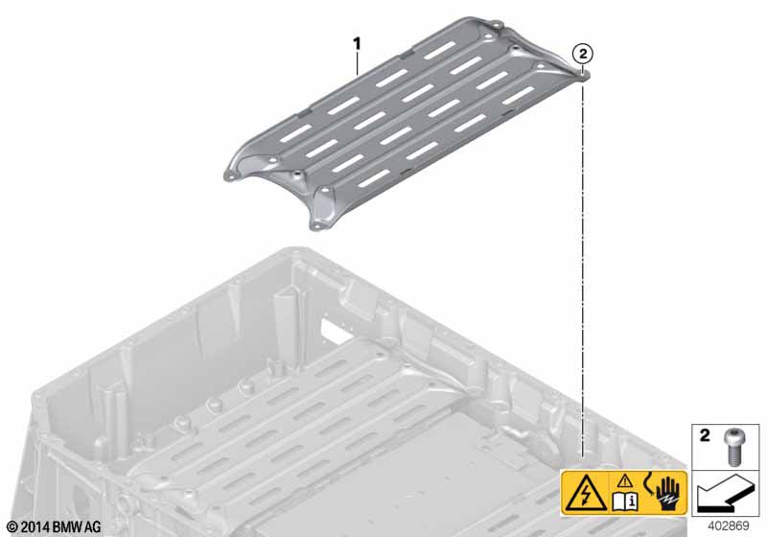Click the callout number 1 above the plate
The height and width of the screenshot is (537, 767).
click(x=357, y=44)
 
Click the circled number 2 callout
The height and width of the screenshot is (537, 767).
click(x=583, y=54)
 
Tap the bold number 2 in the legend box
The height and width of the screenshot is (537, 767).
click(x=705, y=435)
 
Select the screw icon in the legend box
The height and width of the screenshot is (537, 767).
click(x=732, y=447)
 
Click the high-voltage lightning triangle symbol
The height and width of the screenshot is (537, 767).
click(x=586, y=493)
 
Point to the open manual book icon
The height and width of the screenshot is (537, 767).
click(x=625, y=501)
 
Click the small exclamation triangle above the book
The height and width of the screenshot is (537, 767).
click(x=625, y=481)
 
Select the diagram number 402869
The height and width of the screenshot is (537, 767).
click(x=728, y=525)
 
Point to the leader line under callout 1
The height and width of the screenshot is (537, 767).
click(x=358, y=63)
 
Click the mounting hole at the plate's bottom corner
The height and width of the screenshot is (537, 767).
click(x=316, y=225)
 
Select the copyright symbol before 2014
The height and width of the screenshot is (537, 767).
click(x=13, y=527)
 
